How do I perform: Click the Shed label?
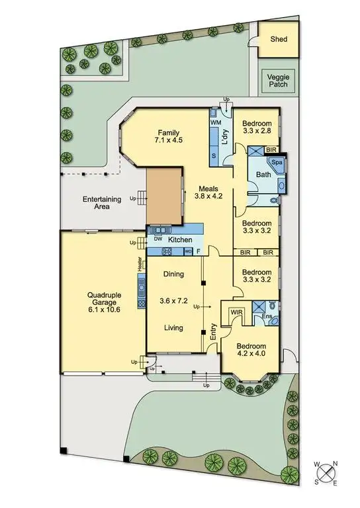point(279,39)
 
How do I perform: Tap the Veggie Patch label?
point(279,81)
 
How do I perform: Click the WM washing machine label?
point(215,123)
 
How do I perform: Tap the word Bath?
point(263,175)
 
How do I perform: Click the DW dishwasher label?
point(158,239)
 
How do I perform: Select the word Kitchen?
point(180,239)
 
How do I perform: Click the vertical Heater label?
point(140,263)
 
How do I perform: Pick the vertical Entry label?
point(213,332)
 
